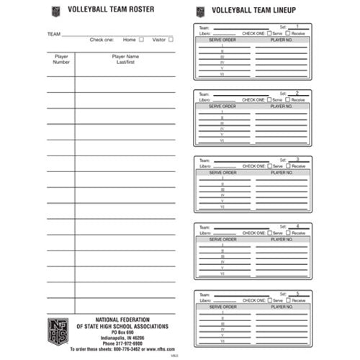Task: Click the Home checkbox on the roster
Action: tap(141, 40)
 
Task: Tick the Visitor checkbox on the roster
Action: tap(171, 40)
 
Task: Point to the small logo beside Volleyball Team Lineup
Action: tap(200, 11)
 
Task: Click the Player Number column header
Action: tap(61, 59)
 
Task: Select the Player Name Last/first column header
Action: tap(125, 59)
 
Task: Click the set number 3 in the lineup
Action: tap(297, 159)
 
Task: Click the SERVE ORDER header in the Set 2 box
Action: tap(222, 106)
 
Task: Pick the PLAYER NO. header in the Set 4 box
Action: tap(281, 239)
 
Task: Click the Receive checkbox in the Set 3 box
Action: tap(288, 166)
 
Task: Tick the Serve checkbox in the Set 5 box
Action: tap(269, 300)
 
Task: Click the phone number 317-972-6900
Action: tap(131, 343)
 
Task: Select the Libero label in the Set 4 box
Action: tap(205, 233)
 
